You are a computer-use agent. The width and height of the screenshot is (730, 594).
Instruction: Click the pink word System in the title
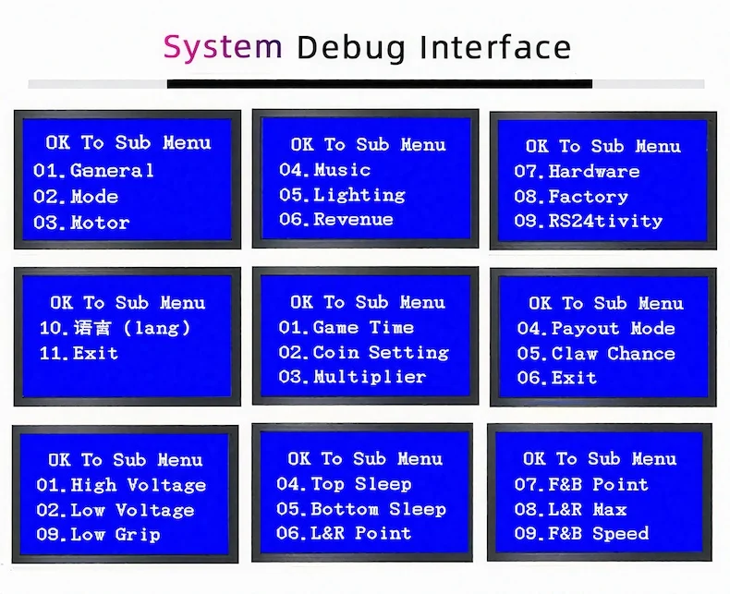click(x=223, y=47)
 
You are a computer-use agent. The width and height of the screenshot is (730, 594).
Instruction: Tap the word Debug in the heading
click(x=351, y=47)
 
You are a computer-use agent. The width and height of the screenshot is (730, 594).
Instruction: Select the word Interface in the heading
click(x=495, y=46)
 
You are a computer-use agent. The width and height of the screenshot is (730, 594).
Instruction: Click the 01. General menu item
click(x=93, y=170)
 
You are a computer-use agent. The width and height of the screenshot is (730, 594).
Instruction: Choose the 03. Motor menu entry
click(x=81, y=223)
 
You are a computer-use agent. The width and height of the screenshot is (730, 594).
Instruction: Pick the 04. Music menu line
click(x=324, y=169)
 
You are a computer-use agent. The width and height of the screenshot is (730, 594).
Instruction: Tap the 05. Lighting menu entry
click(x=342, y=195)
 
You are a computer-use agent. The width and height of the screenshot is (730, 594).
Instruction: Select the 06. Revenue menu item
click(x=336, y=219)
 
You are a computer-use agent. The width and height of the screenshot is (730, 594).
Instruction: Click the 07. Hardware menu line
click(x=577, y=171)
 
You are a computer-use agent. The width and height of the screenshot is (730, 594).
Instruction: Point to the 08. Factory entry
click(x=571, y=197)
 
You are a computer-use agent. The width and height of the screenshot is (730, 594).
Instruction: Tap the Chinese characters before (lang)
click(x=92, y=328)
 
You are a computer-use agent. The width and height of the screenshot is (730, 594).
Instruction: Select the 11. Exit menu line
click(x=79, y=353)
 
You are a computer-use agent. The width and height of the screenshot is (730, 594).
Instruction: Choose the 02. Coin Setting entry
click(x=363, y=352)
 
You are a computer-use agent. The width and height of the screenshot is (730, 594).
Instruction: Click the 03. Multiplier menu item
click(x=352, y=377)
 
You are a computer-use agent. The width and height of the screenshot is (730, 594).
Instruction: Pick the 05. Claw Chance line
click(x=596, y=353)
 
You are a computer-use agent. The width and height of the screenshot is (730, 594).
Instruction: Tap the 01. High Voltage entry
click(x=121, y=485)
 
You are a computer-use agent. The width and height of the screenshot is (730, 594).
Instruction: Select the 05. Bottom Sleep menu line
click(x=361, y=509)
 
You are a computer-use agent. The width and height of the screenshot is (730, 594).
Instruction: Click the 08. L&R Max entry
click(x=571, y=509)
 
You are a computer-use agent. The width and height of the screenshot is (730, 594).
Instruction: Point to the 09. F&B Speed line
click(x=581, y=533)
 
